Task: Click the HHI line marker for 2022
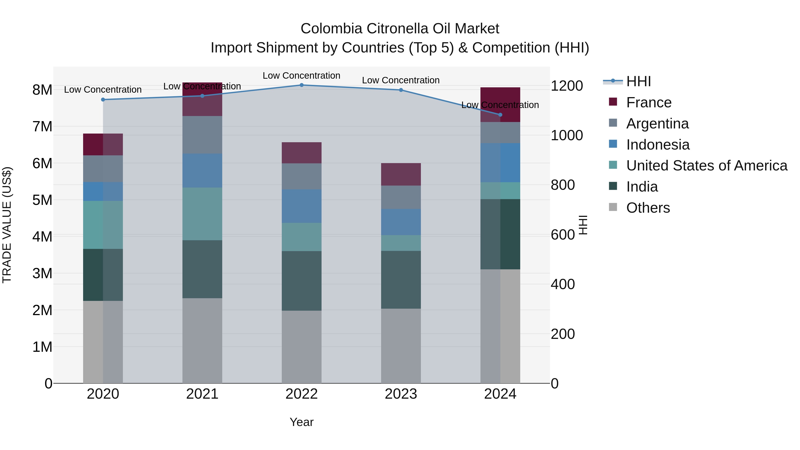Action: (x=302, y=85)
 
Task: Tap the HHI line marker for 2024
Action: (x=500, y=115)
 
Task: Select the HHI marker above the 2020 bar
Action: (x=103, y=100)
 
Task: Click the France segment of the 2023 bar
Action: (x=401, y=174)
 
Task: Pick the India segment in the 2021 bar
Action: (x=202, y=269)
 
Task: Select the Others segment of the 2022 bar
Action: (x=302, y=347)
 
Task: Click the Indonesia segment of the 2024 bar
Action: (x=500, y=163)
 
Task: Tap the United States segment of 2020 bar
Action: (x=103, y=225)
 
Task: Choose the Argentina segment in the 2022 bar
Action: (x=302, y=176)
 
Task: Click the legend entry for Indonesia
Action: (x=658, y=145)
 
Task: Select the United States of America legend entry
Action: (x=706, y=166)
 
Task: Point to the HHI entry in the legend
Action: (x=638, y=81)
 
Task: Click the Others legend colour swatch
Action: (x=613, y=207)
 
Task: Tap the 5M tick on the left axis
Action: (x=42, y=200)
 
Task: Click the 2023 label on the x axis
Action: (x=401, y=394)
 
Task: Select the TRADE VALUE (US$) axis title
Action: (x=7, y=225)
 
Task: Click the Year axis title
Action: (x=302, y=422)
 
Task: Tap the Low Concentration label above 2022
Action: (x=302, y=76)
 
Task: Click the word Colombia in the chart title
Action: (x=331, y=29)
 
